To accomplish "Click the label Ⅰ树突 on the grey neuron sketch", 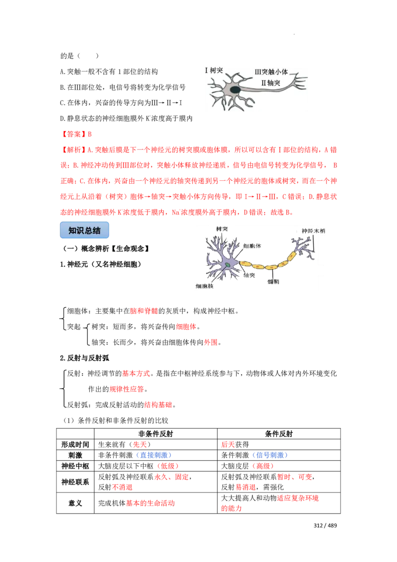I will pos(214,70).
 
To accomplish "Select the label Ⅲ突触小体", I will pos(271,72).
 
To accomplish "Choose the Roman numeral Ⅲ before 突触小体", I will pos(258,72).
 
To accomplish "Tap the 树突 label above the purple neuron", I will pos(221,229).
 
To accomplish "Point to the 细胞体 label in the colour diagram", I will pos(252,246).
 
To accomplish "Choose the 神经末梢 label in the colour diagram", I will pos(310,231).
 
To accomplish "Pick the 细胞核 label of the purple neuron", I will pos(204,286).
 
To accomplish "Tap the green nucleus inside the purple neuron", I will pos(227,265).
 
